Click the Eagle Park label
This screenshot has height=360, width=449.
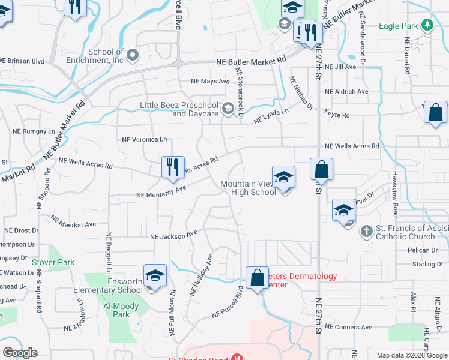coord(399,26)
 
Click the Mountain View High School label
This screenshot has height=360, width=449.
coord(248,188)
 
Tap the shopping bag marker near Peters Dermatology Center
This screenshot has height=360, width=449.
coord(258,278)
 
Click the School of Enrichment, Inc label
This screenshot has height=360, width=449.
coord(106,56)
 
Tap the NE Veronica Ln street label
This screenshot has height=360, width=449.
coord(144,139)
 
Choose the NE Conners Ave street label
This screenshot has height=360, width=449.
coord(349,328)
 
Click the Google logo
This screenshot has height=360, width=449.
coord(20,353)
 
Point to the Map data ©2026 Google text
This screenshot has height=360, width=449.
coord(411,355)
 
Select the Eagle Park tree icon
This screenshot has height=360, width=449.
coord(427,25)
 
